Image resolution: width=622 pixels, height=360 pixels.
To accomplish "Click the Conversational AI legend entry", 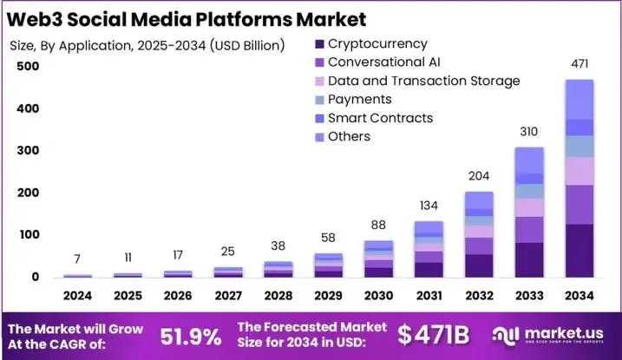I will pos(384,62).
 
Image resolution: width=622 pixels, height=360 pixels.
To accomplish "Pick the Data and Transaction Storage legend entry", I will pos(423,81).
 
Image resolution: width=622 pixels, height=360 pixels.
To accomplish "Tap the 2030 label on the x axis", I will pos(378,297).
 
